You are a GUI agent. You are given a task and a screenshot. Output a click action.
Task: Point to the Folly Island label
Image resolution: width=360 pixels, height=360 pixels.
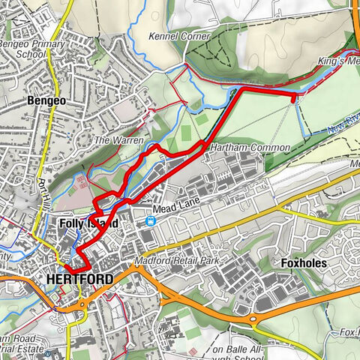click(88, 223)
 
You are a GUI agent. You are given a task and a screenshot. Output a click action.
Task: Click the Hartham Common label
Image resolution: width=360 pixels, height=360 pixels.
click(249, 148)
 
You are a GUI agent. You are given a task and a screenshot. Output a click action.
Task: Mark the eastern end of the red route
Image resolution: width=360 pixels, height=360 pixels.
click(293, 94)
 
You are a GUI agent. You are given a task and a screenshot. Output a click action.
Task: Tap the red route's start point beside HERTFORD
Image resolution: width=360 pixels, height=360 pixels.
click(66, 268)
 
